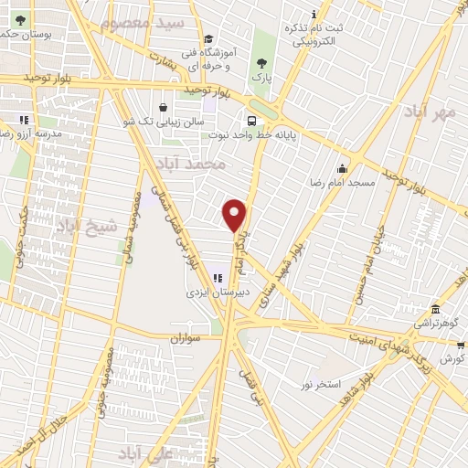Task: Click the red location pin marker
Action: tap(235, 214)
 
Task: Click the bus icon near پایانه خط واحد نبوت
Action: tap(251, 120)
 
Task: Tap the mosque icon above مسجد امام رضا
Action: tap(342, 168)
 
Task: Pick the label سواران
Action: tap(183, 338)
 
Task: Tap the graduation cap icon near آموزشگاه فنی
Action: tap(209, 39)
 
